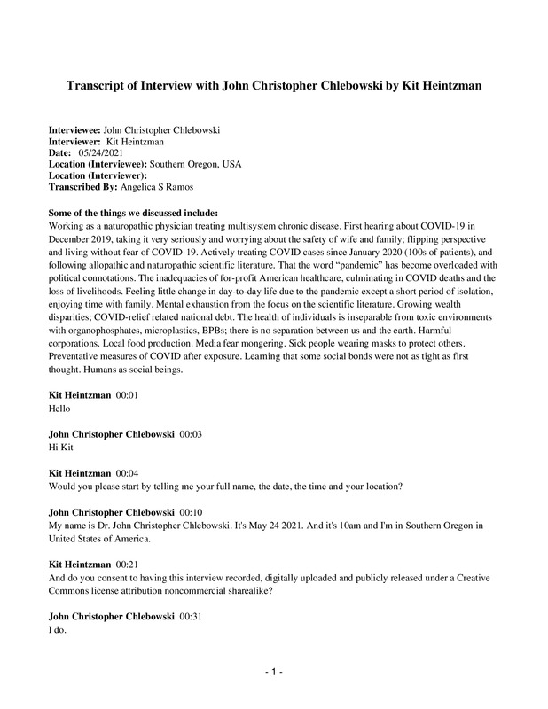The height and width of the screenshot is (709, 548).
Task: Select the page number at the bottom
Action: [x=273, y=674]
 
